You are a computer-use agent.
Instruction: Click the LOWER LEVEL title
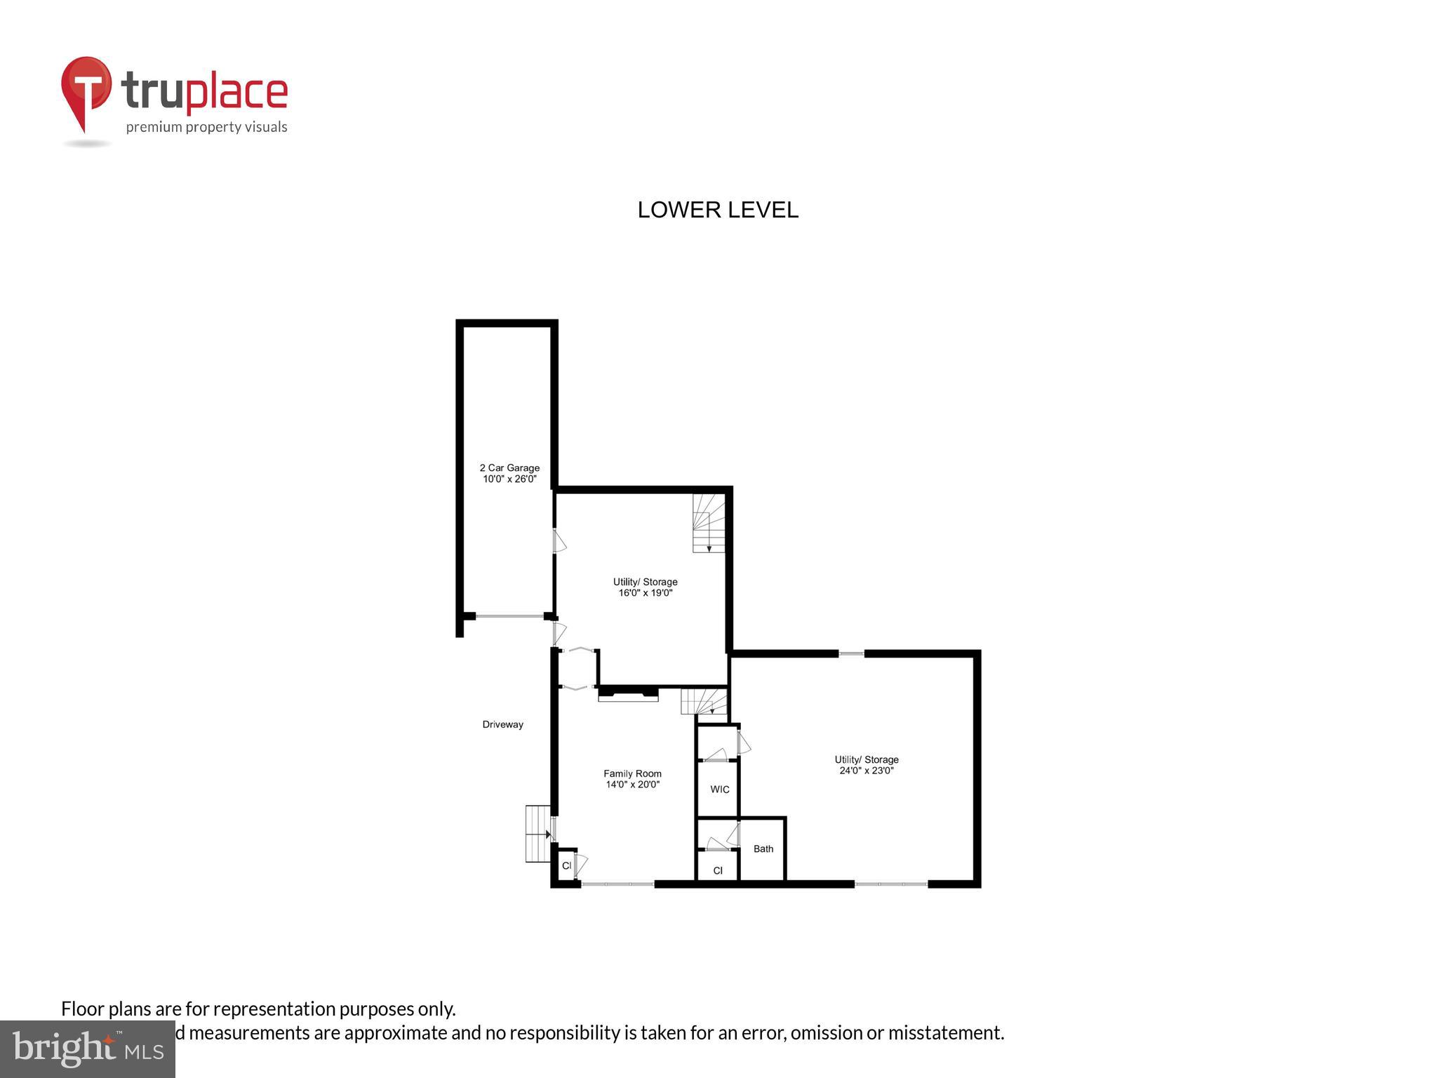(x=717, y=210)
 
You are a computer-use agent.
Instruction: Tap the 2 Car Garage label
(x=509, y=467)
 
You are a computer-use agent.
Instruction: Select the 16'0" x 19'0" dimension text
(x=645, y=593)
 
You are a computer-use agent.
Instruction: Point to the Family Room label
(x=632, y=773)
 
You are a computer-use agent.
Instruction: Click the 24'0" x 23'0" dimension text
(x=866, y=771)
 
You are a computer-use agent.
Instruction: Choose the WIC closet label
(x=719, y=790)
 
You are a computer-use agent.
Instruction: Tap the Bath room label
(x=763, y=849)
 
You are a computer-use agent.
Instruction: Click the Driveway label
(x=502, y=724)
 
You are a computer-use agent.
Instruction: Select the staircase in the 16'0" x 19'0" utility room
(x=708, y=523)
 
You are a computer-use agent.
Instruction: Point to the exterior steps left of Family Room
(x=537, y=834)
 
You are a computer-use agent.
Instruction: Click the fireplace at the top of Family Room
(x=628, y=696)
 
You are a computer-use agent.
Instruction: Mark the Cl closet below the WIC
(x=717, y=870)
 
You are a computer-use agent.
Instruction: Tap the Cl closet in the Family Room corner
(x=566, y=865)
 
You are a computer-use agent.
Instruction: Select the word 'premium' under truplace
(x=154, y=127)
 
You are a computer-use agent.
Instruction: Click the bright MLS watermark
(x=88, y=1049)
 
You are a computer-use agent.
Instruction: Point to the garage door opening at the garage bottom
(x=510, y=616)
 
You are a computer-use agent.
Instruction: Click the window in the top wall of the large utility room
(x=851, y=654)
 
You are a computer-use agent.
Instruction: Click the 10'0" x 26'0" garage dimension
(x=509, y=479)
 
